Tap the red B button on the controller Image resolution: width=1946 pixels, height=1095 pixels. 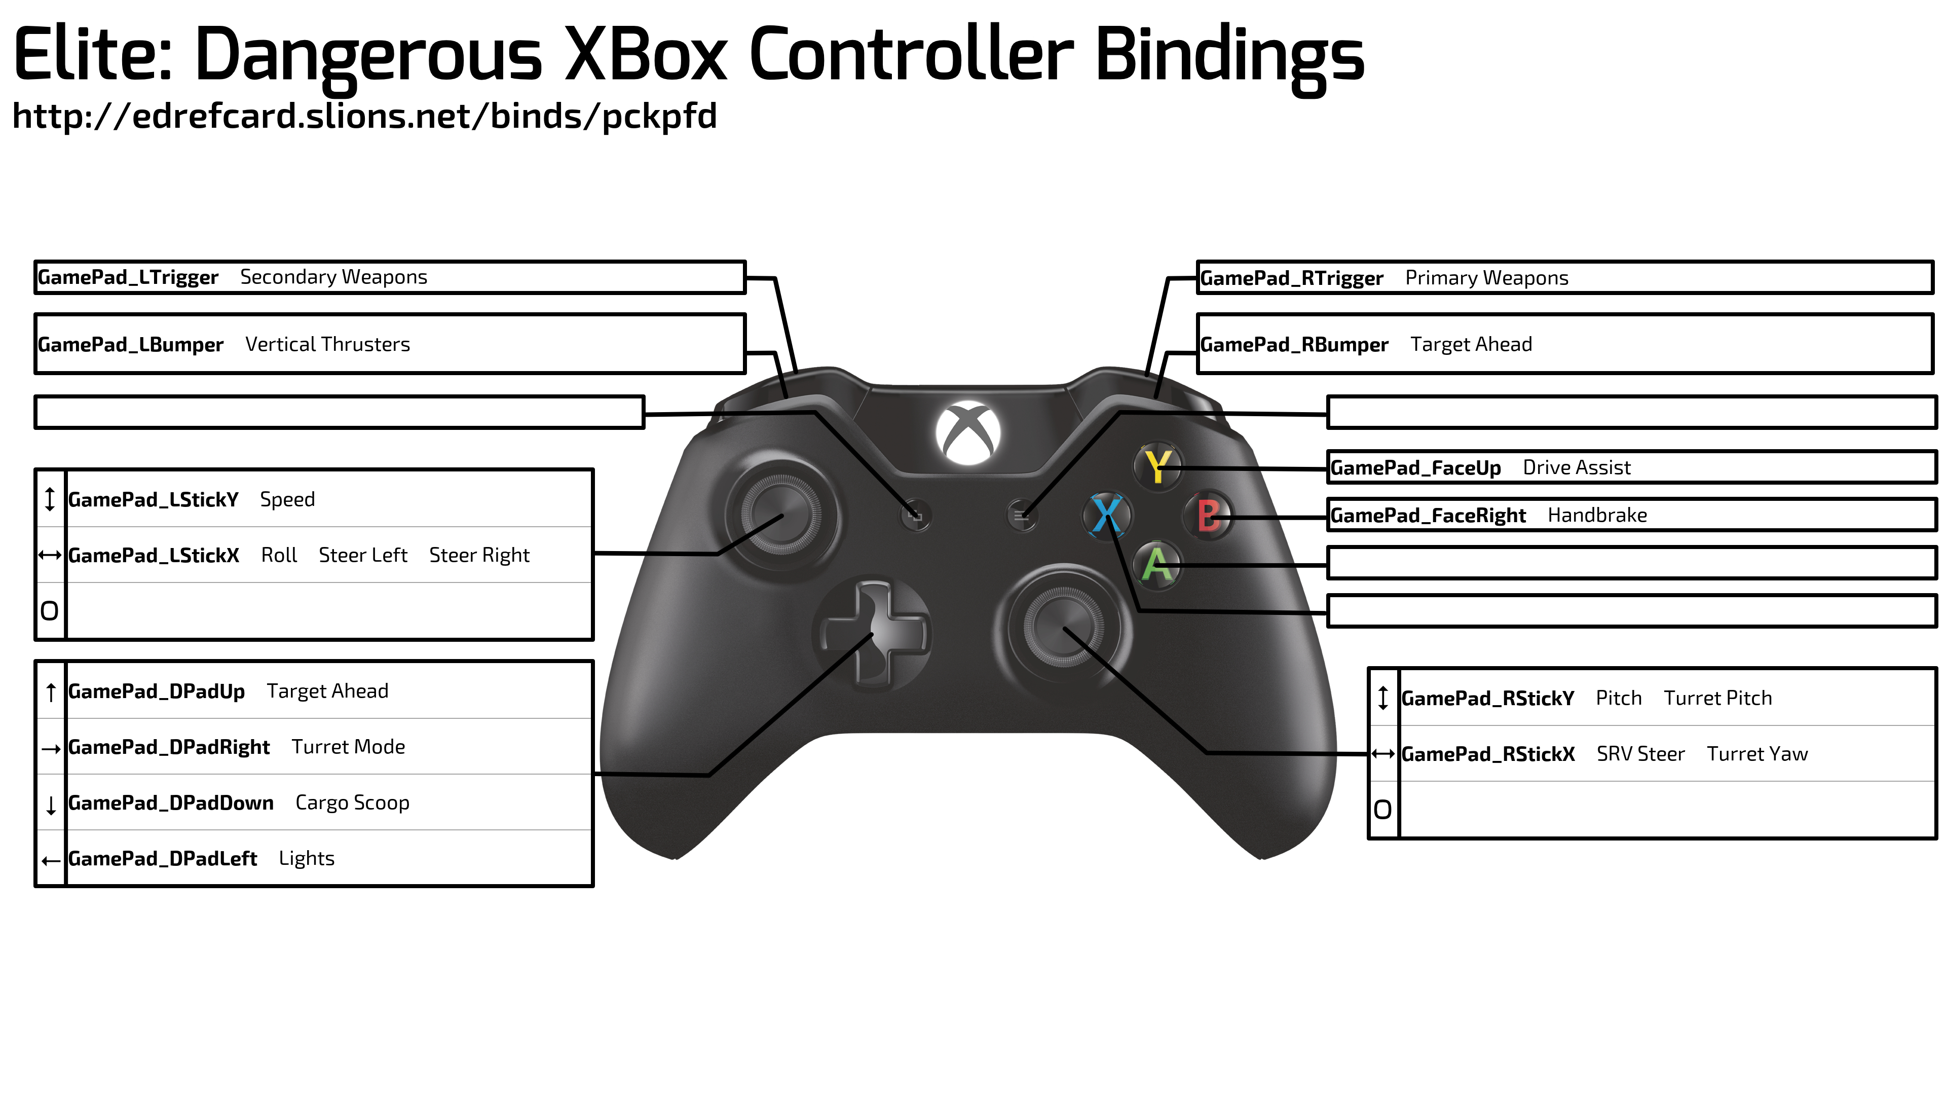pos(1208,516)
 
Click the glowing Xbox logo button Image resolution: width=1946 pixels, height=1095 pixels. pos(968,433)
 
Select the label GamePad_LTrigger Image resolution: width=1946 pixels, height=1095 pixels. pos(128,277)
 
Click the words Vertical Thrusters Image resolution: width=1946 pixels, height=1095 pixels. pos(328,345)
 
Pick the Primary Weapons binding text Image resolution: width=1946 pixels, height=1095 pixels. pos(1487,278)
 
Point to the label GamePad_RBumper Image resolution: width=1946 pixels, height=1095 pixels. pos(1294,345)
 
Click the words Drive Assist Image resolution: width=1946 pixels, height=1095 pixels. pos(1577,468)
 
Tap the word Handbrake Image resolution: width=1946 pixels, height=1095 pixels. pos(1597,516)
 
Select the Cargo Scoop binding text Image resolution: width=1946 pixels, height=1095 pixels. pos(352,802)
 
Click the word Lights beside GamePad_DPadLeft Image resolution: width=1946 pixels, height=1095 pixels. pos(306,858)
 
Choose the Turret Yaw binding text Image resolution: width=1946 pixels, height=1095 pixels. pos(1757,754)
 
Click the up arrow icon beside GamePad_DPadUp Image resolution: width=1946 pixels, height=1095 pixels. pos(51,692)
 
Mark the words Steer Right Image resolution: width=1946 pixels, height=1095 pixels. pos(479,556)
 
